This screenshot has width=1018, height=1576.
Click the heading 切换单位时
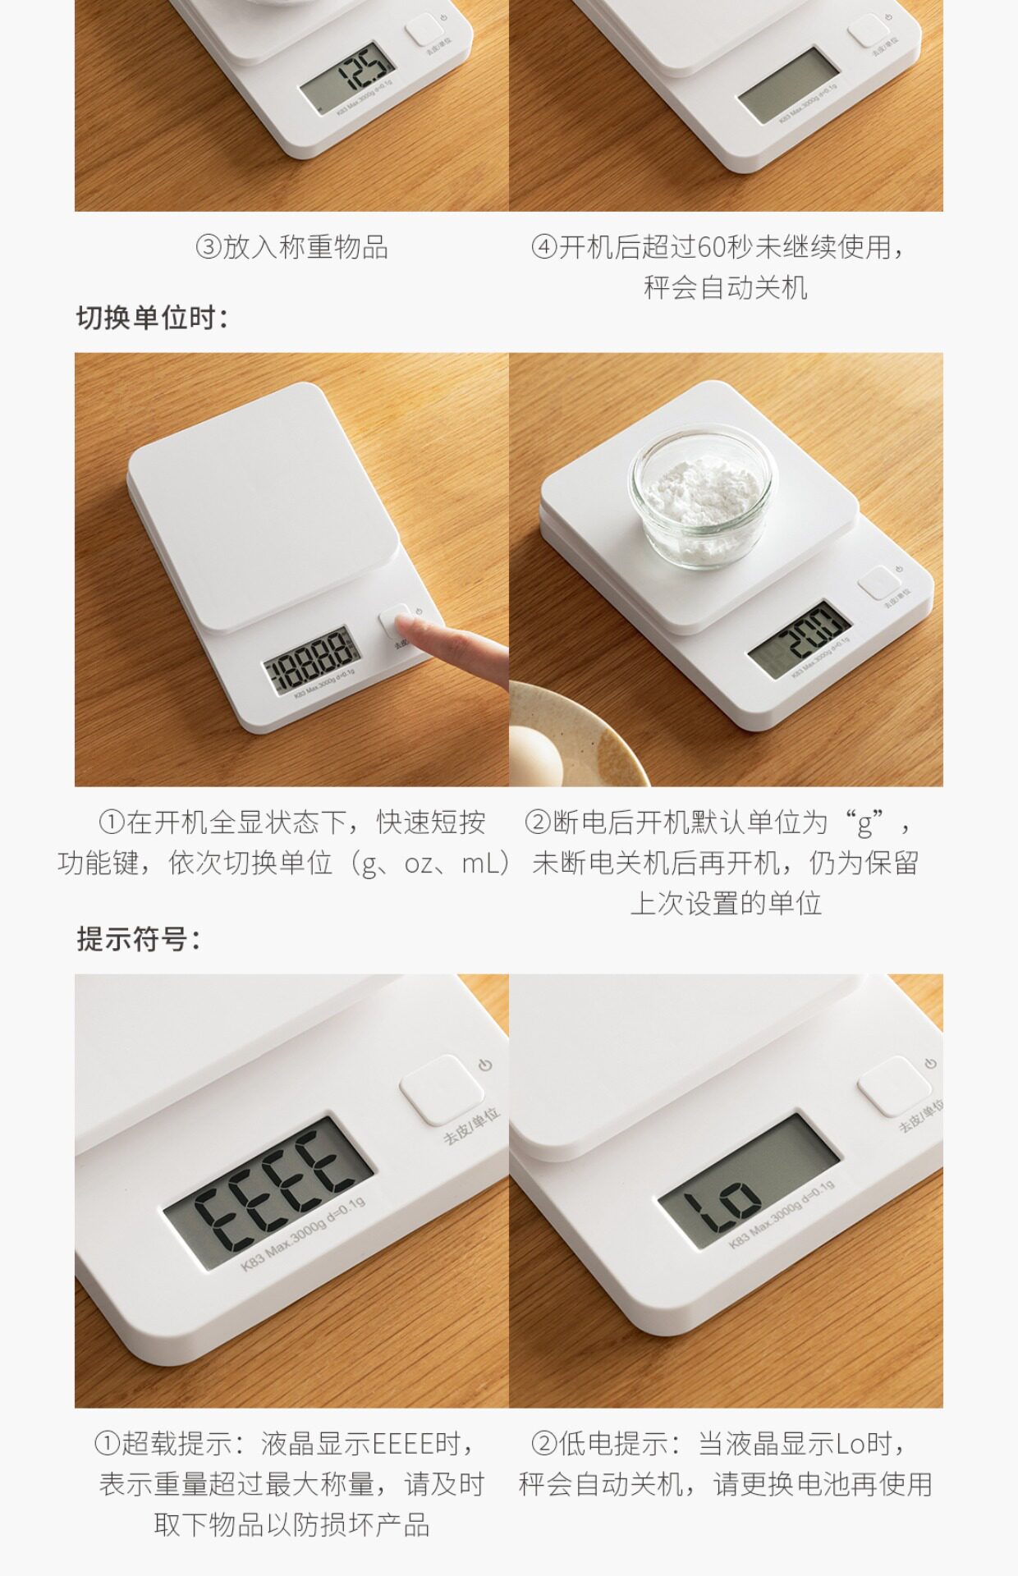152,318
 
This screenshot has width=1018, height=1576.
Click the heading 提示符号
138,938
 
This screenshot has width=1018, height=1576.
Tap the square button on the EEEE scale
441,1089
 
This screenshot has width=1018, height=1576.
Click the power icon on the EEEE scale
485,1065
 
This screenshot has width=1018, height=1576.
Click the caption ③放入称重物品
291,247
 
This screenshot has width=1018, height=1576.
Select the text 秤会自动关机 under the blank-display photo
726,288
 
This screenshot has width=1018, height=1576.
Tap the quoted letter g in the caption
864,822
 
